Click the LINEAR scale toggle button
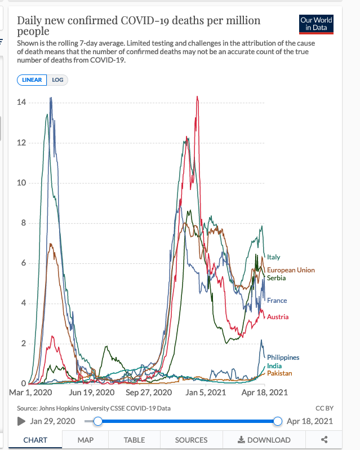(32, 80)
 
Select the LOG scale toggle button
(57, 80)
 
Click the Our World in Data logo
(316, 24)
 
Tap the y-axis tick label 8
(23, 223)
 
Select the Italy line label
(273, 257)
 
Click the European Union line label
(291, 270)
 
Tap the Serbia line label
(276, 278)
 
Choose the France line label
(277, 301)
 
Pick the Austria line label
(278, 317)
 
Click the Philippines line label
(283, 358)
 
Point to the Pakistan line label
(279, 373)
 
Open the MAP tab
(85, 440)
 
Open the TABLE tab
(134, 440)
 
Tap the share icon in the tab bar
(324, 440)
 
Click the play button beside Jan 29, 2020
(22, 421)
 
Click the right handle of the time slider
(277, 421)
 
